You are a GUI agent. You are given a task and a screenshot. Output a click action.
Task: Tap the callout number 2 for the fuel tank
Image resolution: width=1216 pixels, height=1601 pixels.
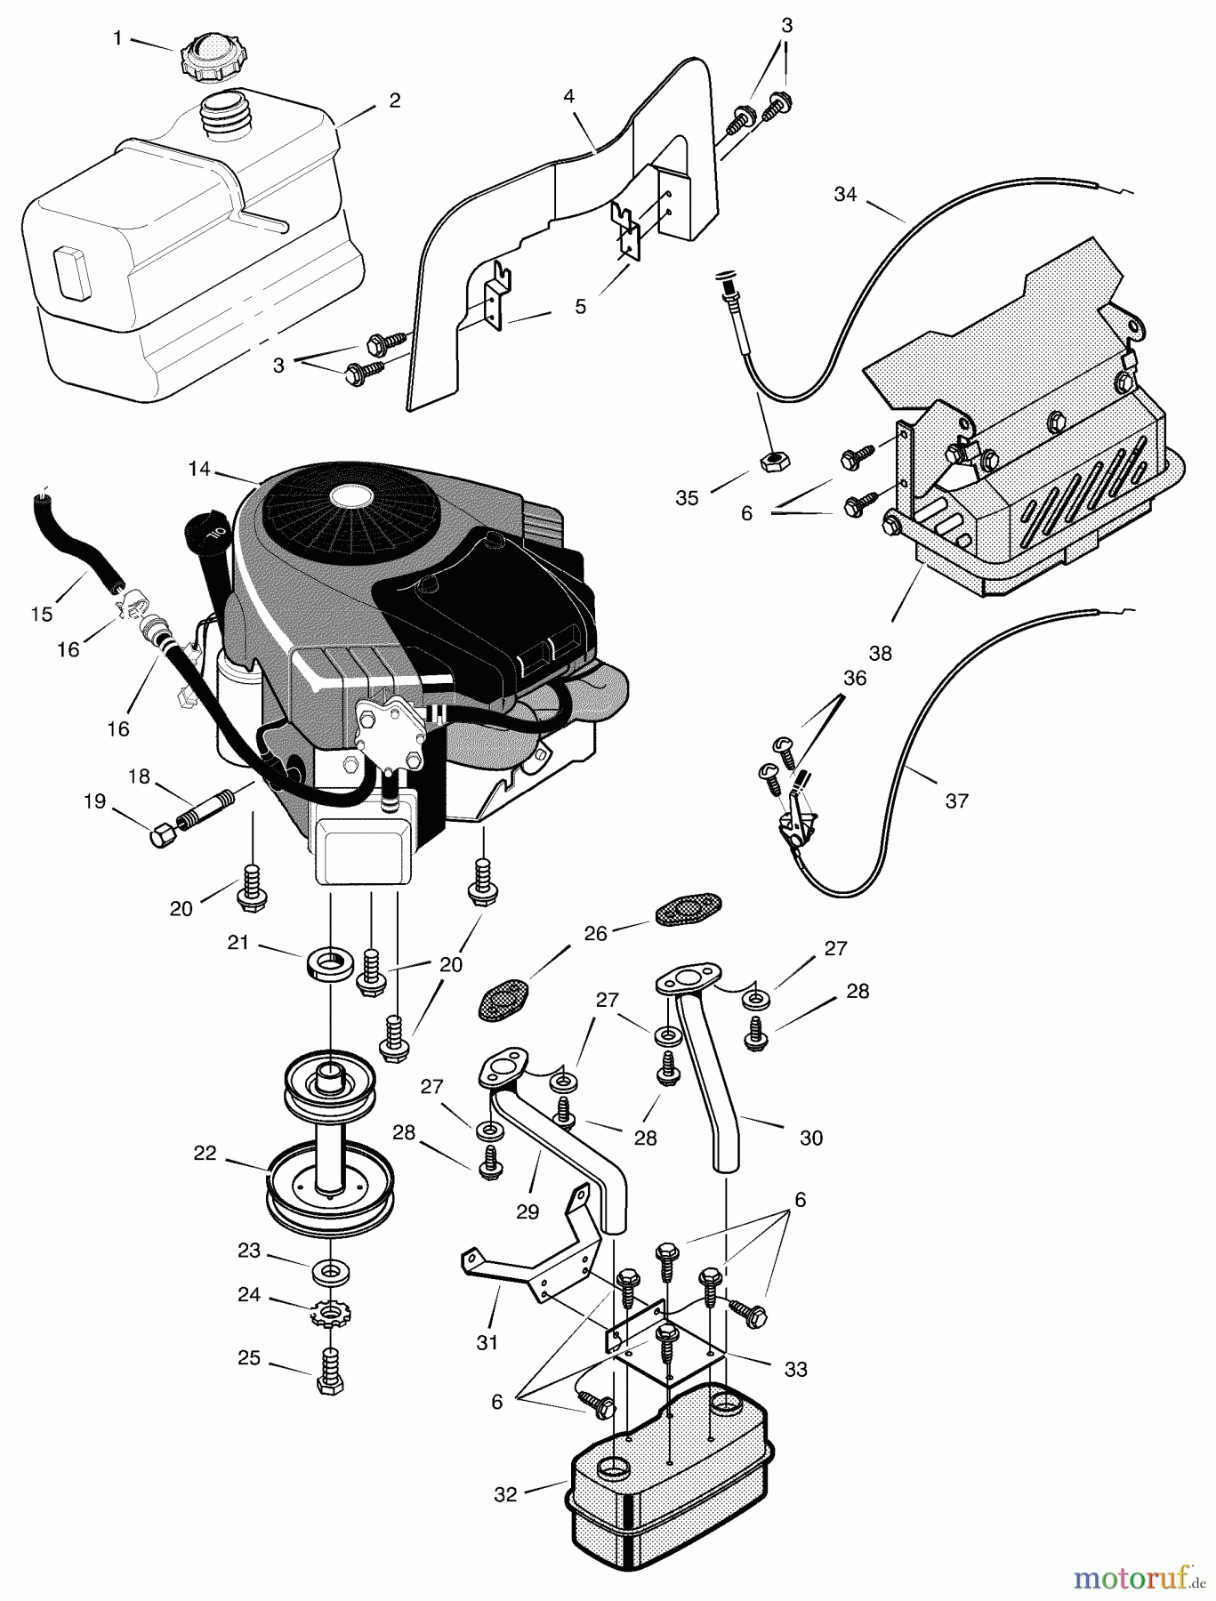tap(394, 100)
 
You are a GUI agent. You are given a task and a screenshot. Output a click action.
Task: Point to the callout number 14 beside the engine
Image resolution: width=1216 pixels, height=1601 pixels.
tap(199, 469)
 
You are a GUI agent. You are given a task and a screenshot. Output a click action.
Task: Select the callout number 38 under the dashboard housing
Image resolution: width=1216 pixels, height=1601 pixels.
tap(880, 654)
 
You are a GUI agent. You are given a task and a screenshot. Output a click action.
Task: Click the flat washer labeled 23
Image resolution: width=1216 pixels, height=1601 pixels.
tap(329, 1270)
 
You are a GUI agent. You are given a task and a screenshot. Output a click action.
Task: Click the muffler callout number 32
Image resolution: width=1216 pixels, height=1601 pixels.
tap(504, 1494)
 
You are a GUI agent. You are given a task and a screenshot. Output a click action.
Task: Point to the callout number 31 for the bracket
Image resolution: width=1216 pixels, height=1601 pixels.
tap(487, 1342)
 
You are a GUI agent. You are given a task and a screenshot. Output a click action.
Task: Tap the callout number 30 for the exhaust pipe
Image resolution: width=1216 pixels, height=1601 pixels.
tap(811, 1137)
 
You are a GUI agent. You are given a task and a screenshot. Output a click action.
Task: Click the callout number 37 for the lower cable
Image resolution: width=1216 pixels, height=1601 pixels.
tap(956, 800)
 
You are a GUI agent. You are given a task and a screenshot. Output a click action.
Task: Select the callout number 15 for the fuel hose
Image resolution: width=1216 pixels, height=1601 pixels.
tap(41, 614)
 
